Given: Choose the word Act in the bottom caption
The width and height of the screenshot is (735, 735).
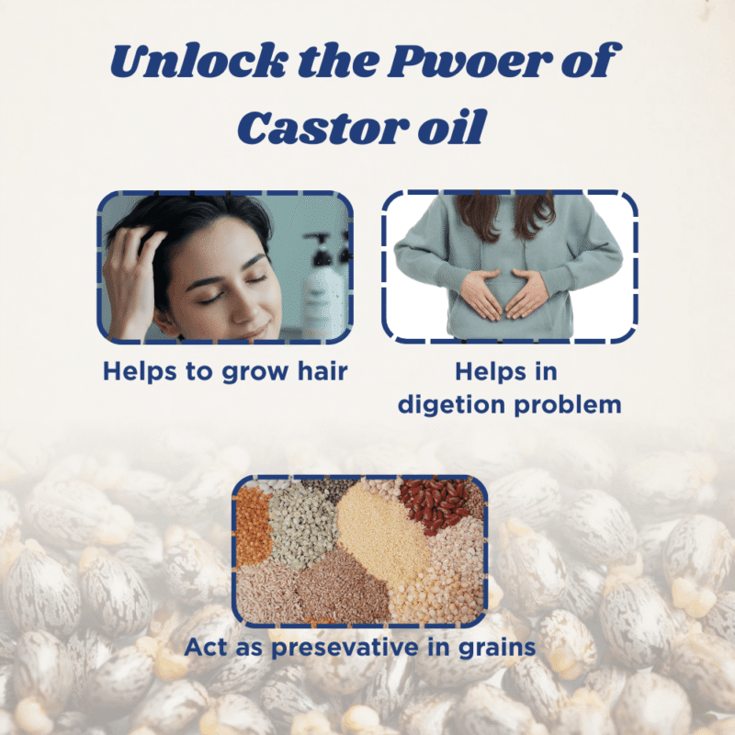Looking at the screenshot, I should click(207, 647).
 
